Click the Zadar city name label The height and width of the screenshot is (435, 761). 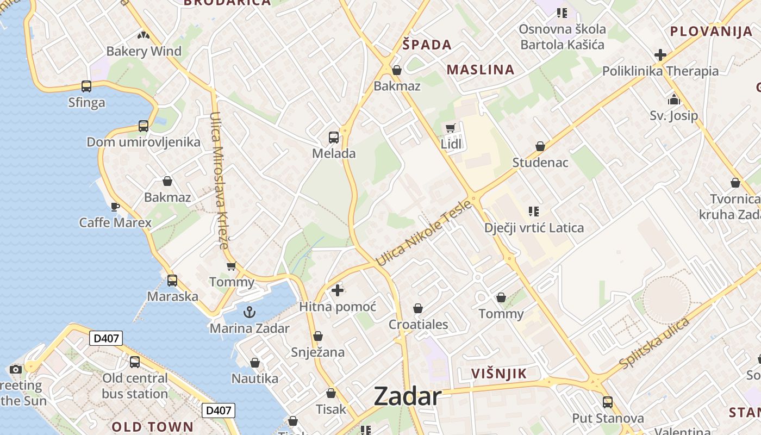tap(407, 397)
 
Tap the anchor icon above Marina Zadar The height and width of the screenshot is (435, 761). tap(249, 312)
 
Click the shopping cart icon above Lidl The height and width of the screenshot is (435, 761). tap(450, 128)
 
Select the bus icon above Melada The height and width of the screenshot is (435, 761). tap(334, 138)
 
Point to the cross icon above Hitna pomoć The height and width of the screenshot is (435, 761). tap(338, 290)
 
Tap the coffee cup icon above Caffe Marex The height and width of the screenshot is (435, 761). tap(115, 207)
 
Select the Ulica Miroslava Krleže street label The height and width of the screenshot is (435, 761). tap(219, 180)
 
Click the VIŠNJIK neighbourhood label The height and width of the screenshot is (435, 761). tap(499, 374)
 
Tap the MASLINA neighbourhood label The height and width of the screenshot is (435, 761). tap(481, 70)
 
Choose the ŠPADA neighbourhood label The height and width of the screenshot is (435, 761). tap(427, 45)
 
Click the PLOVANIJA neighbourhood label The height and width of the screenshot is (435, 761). tap(711, 31)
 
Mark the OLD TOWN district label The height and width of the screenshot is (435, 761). tap(153, 426)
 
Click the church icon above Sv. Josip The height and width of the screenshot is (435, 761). tap(674, 100)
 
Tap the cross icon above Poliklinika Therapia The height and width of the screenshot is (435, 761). tap(660, 55)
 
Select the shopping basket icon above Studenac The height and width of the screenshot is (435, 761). tap(540, 146)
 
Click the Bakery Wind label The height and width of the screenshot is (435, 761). tap(144, 51)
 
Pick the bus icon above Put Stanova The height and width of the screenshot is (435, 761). tap(608, 402)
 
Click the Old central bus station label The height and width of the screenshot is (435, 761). tap(135, 386)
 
